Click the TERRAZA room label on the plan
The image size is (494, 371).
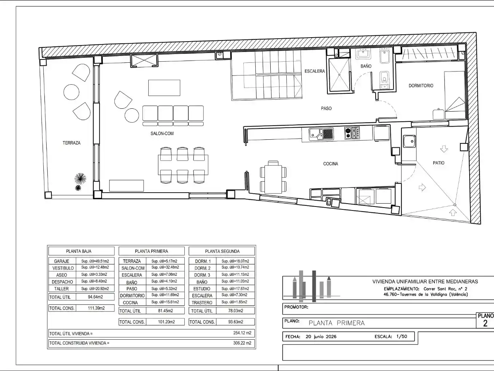[71, 143]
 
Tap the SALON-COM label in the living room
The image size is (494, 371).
[162, 134]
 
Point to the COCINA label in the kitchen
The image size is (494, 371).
[330, 164]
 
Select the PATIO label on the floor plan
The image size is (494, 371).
[438, 163]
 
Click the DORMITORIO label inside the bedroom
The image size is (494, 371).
[421, 86]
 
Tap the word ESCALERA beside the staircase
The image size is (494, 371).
[315, 71]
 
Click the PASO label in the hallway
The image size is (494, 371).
[326, 108]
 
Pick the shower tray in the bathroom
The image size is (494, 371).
[339, 75]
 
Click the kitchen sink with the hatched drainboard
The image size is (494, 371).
[321, 134]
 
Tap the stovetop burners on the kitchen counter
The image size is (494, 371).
[352, 133]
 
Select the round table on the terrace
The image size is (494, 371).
[71, 92]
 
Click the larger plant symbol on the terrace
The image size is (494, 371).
[81, 179]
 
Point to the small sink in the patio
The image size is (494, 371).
[409, 141]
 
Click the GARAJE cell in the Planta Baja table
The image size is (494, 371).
[62, 261]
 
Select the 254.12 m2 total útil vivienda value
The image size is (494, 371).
[242, 333]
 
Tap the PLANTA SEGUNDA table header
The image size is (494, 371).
[222, 251]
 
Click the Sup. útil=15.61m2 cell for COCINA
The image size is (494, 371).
[165, 302]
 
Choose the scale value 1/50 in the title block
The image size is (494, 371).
[402, 337]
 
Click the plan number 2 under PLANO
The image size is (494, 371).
[485, 324]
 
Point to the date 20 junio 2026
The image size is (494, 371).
[321, 337]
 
